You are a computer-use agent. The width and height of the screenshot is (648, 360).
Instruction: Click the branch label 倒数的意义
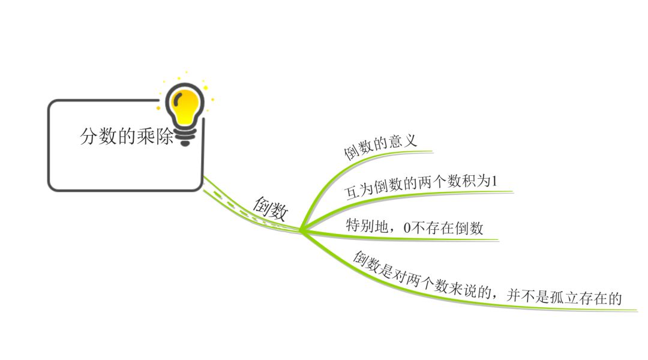point(380,146)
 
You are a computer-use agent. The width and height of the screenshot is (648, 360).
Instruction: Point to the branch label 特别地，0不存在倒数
point(414,227)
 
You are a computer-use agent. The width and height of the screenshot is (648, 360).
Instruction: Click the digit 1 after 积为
point(494,181)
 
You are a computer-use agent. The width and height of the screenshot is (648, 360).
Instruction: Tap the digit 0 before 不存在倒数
point(407,228)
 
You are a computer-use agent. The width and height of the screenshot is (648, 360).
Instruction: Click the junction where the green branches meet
point(301,229)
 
